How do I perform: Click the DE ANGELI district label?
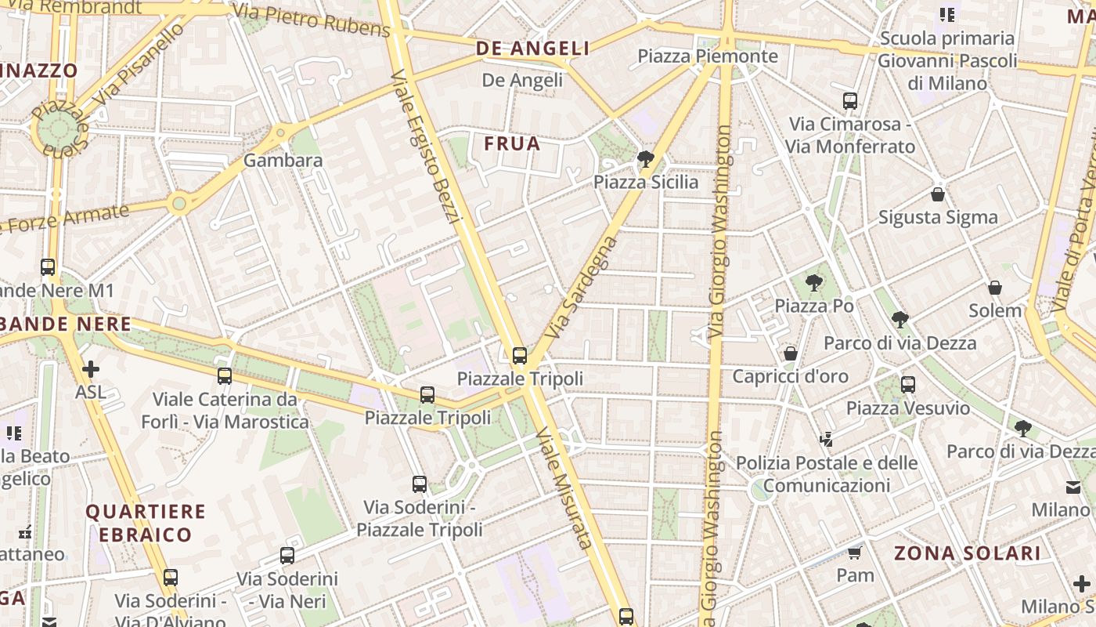coord(533,49)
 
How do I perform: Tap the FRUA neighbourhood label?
coord(512,143)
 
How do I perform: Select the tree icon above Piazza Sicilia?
coord(646,160)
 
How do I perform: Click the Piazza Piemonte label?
coord(708,56)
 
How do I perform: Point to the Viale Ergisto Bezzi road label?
coord(423,146)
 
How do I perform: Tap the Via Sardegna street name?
coord(580,288)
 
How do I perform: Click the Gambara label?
coord(283,161)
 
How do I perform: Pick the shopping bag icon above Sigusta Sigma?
coord(938,194)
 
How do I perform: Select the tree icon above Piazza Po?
coord(814,283)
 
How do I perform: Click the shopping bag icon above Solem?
coord(995,288)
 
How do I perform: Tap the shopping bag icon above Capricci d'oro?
coord(791,353)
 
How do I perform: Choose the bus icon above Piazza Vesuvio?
coord(908,385)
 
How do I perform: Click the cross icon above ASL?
coord(91,368)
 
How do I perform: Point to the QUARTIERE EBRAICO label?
coord(145,524)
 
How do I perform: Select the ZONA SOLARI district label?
coord(968,553)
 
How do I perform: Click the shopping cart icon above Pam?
coord(855,553)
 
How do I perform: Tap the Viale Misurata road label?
coord(564,487)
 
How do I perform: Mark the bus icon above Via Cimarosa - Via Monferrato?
coord(850,101)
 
